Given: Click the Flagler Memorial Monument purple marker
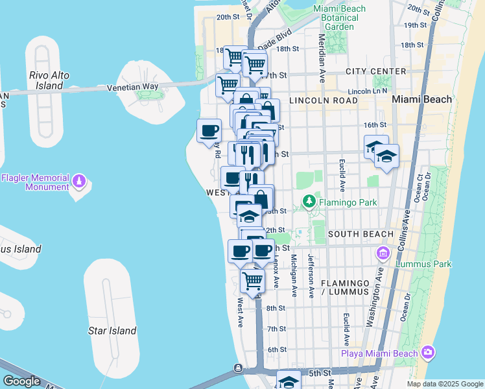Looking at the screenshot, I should coord(79,180).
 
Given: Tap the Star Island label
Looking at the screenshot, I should coord(112,331).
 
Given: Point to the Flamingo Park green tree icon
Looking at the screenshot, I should coord(311,202).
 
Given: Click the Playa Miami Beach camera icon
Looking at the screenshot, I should coord(427,353).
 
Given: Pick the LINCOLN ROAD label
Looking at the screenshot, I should coord(323,101).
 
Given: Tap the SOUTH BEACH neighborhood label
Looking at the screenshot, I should coord(361,233).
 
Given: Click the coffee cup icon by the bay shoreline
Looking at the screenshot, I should coord(209,131).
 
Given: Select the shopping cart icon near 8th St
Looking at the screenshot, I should coord(252,281).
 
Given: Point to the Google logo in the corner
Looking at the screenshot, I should coord(21,381).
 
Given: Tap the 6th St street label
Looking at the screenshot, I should coord(277,349).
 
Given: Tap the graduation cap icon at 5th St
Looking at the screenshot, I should coord(289,381).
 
